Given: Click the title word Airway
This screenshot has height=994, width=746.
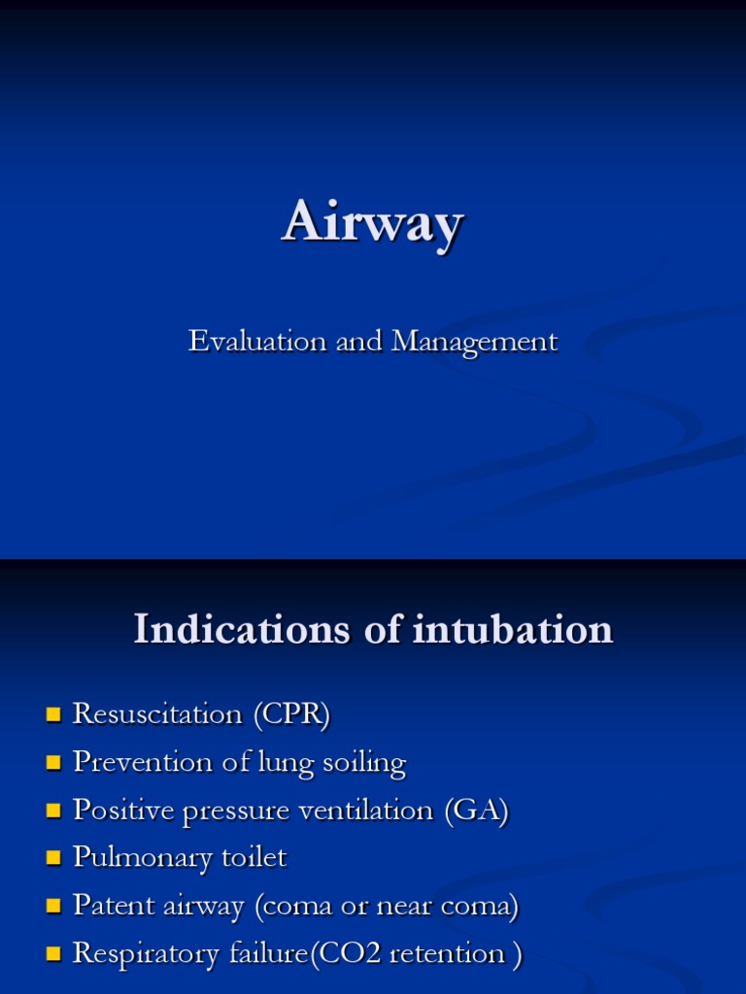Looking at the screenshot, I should coord(372,224).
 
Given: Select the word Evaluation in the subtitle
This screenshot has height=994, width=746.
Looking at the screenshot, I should coord(244,342).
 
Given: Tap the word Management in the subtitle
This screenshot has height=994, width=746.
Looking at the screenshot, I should coord(474,343).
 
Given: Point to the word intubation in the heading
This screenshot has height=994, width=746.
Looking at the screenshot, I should coord(513,630).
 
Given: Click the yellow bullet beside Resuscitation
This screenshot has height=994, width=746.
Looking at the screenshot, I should coord(52,716).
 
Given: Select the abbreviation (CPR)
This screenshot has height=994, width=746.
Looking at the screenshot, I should coord(292,715).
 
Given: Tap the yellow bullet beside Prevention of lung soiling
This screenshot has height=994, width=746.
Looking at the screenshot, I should coord(52,764).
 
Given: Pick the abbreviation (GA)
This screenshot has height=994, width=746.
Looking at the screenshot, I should coord(476,811).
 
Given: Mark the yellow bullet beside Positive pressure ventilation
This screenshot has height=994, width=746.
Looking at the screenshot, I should coord(52,812).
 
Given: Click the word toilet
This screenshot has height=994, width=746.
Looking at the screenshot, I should coord(254,858).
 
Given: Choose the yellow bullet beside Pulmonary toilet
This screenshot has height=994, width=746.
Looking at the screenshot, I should coord(52,859).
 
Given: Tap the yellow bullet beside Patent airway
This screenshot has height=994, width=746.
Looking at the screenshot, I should coord(52,907).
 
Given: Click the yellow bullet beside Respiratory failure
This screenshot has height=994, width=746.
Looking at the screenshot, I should coord(52,954).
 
